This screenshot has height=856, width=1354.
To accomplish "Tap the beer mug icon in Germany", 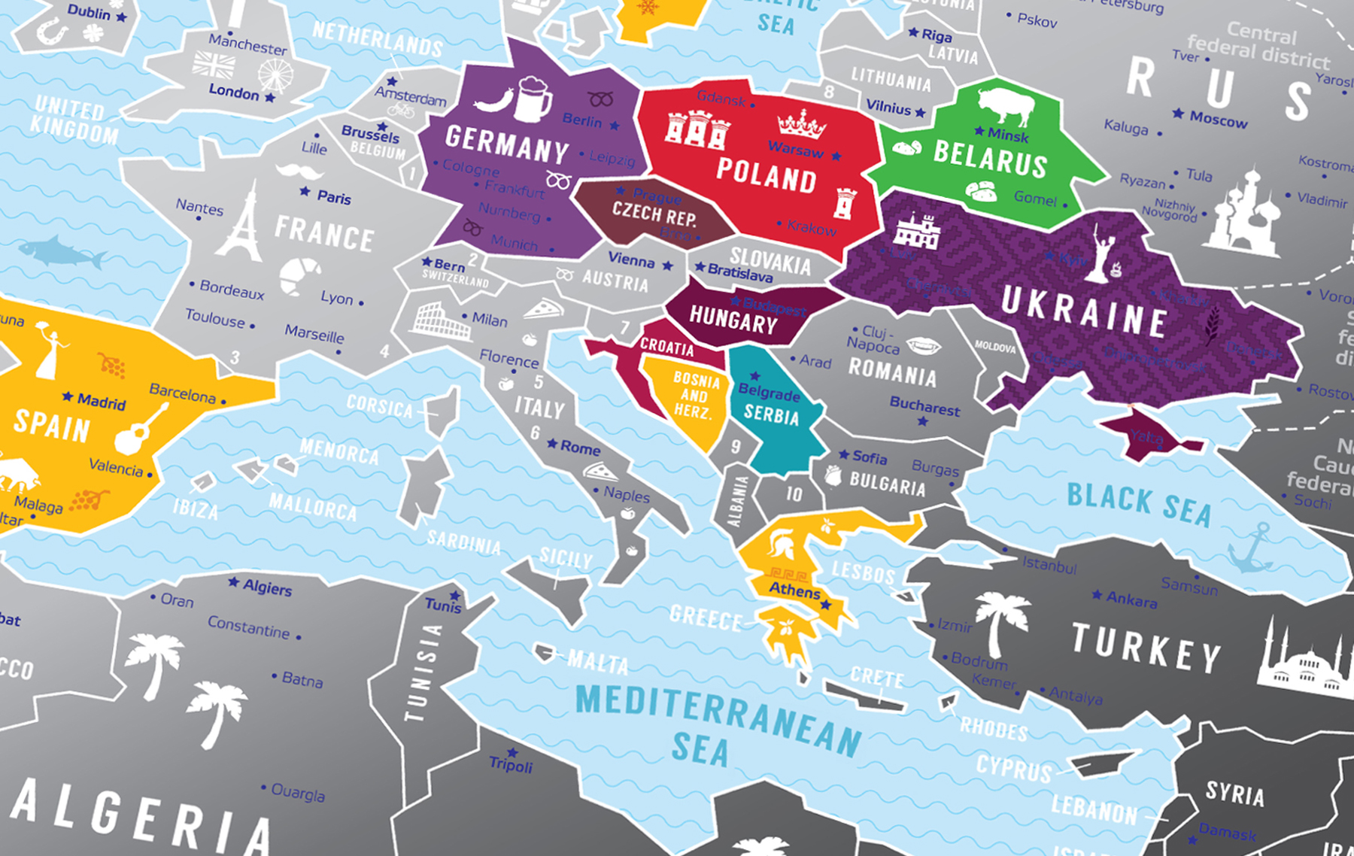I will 533,99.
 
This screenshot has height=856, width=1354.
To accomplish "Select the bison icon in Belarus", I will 1006,105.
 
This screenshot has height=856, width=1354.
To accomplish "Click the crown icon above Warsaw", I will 801,124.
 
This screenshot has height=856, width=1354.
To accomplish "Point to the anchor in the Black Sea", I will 1251,548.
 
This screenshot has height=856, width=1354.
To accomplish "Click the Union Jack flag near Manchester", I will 214,65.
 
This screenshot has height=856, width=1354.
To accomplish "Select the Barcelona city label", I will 182,393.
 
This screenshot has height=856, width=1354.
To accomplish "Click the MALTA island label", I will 597,662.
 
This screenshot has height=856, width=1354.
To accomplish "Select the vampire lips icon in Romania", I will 923,345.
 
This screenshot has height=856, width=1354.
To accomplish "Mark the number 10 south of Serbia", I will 794,493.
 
